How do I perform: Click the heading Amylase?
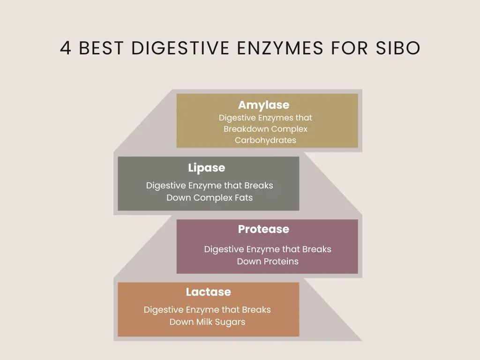click(x=263, y=105)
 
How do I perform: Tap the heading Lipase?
click(x=206, y=168)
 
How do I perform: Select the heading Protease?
click(x=263, y=229)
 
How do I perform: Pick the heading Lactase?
click(x=208, y=292)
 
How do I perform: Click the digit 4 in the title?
click(x=66, y=48)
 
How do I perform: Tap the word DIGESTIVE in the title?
click(x=180, y=48)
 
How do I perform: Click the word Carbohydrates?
click(x=265, y=140)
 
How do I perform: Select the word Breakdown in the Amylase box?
click(x=246, y=129)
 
